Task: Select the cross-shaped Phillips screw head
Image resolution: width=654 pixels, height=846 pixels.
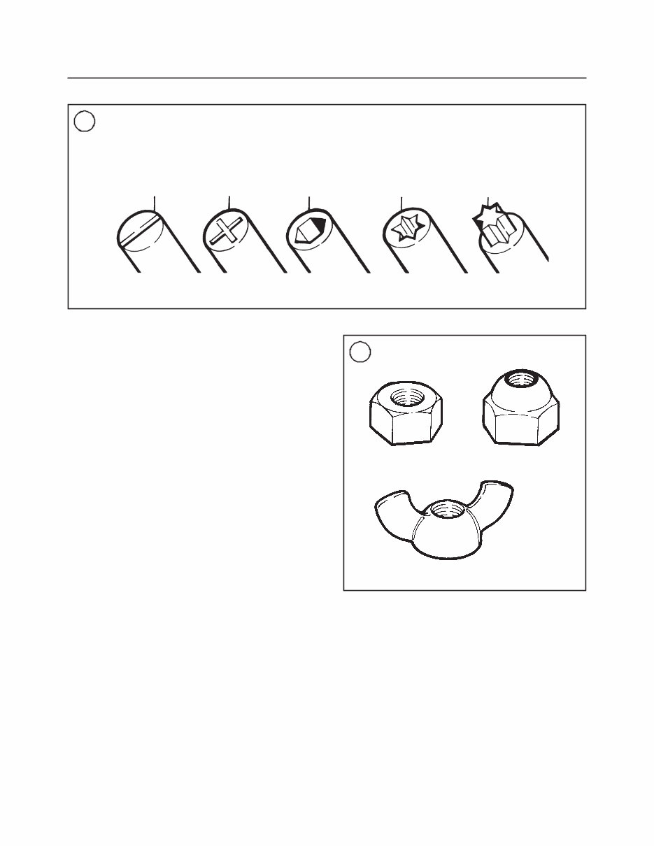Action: point(225,230)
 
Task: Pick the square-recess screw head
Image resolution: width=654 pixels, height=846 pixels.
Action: point(308,230)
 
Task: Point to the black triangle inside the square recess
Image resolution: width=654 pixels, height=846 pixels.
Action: point(318,225)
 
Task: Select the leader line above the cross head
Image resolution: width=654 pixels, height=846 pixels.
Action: point(229,203)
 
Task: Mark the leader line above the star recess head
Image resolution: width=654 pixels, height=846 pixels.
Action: point(401,203)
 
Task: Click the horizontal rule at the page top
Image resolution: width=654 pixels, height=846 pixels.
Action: point(327,78)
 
